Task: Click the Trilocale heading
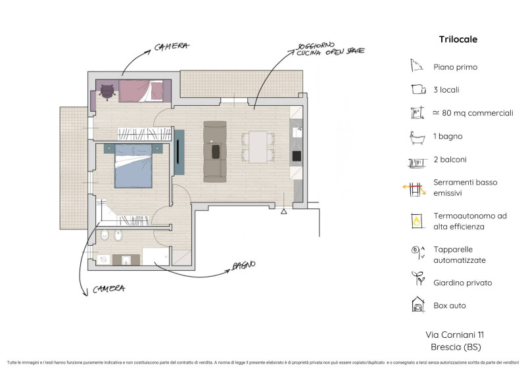click(x=458, y=39)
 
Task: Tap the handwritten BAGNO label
click(x=244, y=266)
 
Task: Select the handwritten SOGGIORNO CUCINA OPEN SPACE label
click(x=330, y=49)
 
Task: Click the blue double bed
click(x=133, y=166)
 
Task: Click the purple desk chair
click(x=107, y=92)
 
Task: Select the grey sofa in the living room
click(x=215, y=152)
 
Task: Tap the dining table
click(x=258, y=147)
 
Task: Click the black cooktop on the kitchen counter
click(x=297, y=156)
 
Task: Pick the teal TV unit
click(x=179, y=152)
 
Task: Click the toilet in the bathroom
click(x=105, y=235)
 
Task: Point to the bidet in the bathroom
click(x=118, y=235)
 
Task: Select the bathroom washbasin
click(x=126, y=260)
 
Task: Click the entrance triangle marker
click(x=284, y=212)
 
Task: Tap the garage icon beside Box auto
click(x=418, y=304)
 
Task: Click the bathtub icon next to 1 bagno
click(x=417, y=137)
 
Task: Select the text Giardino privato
click(x=463, y=283)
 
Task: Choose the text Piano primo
click(x=455, y=67)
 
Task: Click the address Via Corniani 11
click(x=455, y=335)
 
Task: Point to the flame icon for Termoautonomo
click(x=417, y=221)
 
